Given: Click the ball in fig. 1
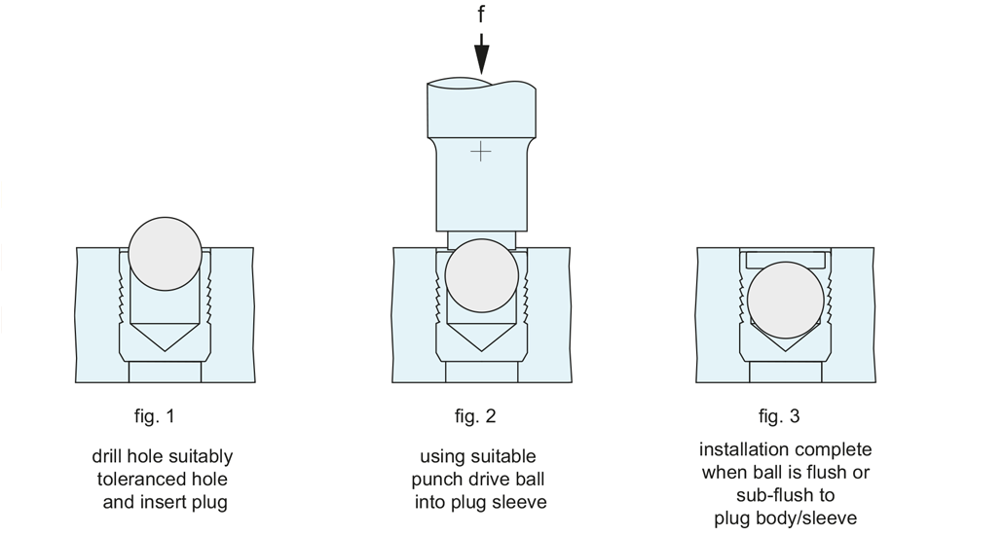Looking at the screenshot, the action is (165, 254).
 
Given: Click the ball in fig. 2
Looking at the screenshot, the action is (481, 276).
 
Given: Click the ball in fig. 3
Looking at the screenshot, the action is (785, 300).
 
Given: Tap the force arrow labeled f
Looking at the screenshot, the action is (481, 53).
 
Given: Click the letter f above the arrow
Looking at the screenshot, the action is (481, 14).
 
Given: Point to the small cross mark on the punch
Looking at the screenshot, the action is (480, 152).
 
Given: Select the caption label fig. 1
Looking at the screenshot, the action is (154, 416).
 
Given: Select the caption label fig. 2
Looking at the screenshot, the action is (475, 416).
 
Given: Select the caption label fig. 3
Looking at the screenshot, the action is (779, 416).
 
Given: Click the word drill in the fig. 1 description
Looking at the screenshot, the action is (107, 456).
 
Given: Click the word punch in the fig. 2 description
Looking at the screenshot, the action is (434, 480).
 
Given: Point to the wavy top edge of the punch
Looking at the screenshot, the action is (481, 84).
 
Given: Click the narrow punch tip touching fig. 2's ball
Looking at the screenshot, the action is (481, 240).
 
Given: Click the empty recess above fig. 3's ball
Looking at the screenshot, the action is (785, 259).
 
